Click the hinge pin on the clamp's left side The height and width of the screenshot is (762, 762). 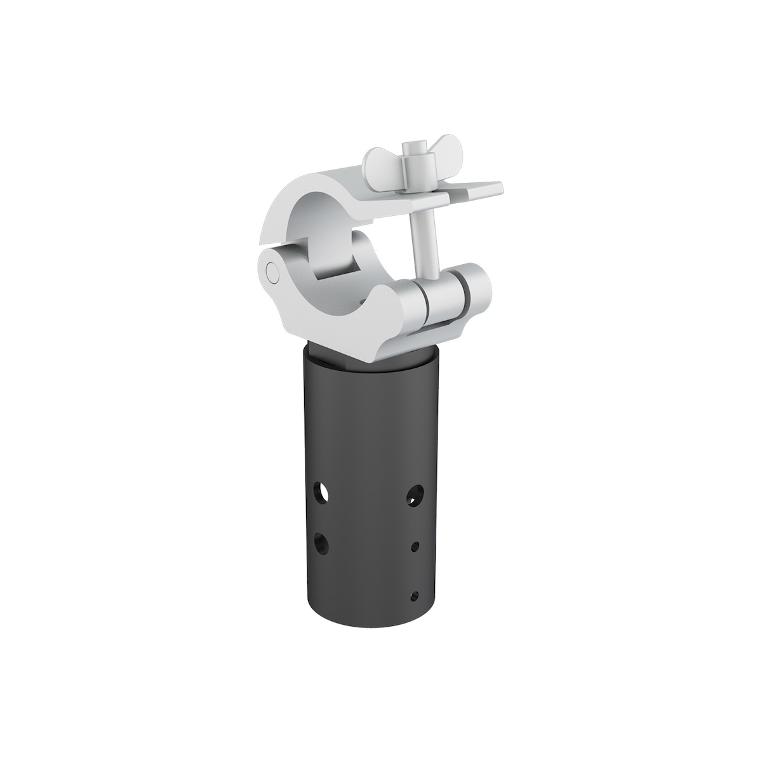pyautogui.click(x=274, y=272)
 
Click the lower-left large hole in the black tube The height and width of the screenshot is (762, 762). pyautogui.click(x=323, y=543)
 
